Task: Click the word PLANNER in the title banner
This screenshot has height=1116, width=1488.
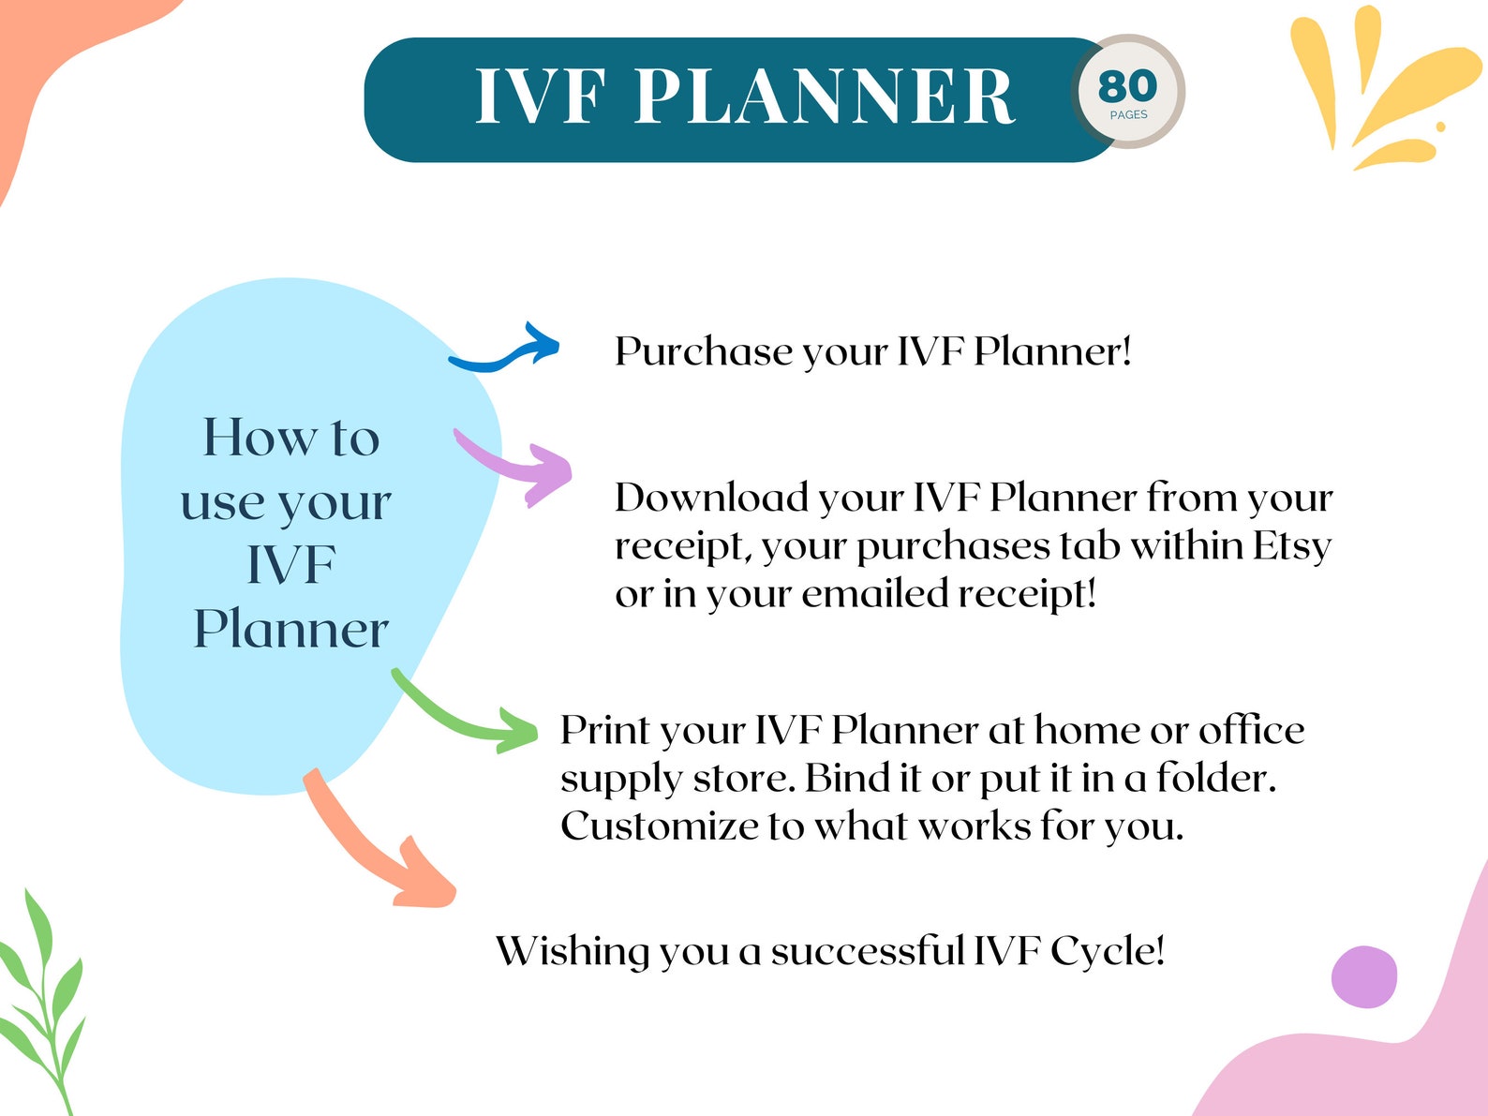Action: click(825, 97)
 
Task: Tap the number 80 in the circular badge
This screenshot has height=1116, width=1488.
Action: click(1127, 86)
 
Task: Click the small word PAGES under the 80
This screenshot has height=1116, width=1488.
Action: click(1128, 115)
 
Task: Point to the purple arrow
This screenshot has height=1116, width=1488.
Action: click(520, 465)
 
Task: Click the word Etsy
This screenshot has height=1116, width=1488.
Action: click(1292, 546)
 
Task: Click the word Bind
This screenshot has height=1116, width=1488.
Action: click(846, 779)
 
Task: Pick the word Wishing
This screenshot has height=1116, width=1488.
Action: click(573, 952)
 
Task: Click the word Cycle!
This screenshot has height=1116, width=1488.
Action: click(1107, 952)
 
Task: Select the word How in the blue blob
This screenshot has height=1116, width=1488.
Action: click(260, 439)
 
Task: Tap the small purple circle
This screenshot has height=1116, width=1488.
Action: click(1364, 976)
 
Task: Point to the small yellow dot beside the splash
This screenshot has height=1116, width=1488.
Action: click(1440, 126)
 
